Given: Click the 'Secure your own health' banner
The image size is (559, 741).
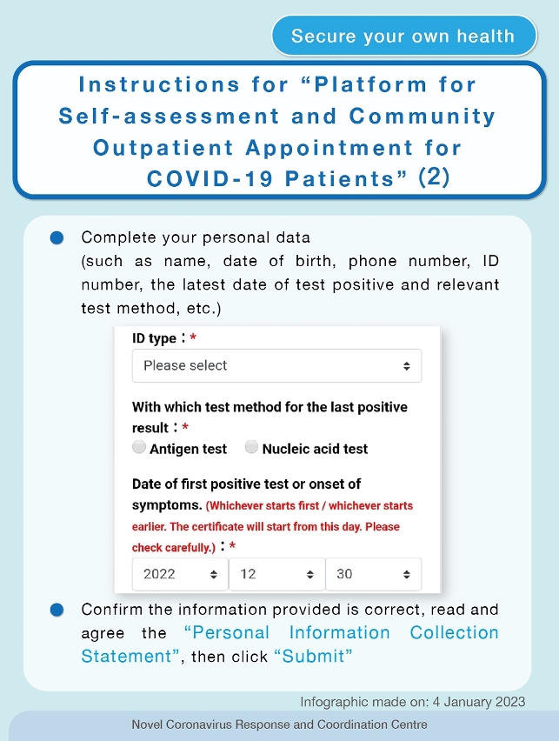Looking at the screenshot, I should coord(403,37).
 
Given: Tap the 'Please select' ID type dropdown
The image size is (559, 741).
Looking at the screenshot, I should coord(276,366).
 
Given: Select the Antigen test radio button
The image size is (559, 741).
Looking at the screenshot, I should coord(139,448).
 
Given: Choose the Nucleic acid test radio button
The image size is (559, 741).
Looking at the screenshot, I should coord(252,448).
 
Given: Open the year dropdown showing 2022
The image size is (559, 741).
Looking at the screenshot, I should coord(180,574).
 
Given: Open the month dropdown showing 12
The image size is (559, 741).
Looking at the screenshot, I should coord(276,574).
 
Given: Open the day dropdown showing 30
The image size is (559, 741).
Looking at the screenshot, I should coord(373,574).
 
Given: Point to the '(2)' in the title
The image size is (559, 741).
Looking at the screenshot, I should coord(433,177).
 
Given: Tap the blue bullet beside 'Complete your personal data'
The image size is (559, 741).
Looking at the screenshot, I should coord(57,238).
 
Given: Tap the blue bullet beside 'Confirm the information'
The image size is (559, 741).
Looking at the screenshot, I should coord(57,610).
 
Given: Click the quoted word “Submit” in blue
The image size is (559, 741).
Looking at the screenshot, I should coord(314,656).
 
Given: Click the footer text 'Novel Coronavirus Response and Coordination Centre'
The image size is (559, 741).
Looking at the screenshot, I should coord(279,724).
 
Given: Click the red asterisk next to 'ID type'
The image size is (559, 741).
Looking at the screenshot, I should coord(193,339).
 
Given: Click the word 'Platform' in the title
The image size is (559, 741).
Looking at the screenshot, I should coord(370,85).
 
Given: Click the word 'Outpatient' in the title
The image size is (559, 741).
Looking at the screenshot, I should coord(163,148).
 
